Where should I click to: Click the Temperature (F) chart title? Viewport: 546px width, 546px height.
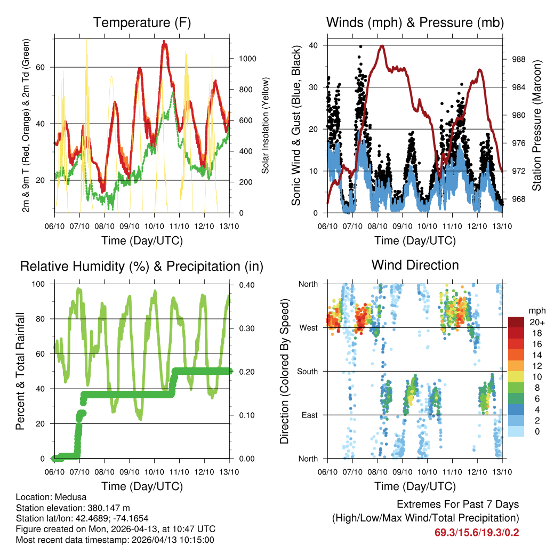pos(142,22)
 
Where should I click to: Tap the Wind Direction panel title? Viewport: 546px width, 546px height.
pos(415,265)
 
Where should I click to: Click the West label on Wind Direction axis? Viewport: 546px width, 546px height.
pos(308,327)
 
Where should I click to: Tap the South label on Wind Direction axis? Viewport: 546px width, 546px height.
pos(307,371)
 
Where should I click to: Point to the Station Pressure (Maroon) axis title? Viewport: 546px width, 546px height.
pos(537,125)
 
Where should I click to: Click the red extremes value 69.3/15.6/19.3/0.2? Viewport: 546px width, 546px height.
pos(478,533)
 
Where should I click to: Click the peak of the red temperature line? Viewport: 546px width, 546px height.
pos(164,42)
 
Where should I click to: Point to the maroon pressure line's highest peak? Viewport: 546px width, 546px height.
pos(382,46)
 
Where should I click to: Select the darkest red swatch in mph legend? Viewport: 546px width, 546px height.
pos(516,322)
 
